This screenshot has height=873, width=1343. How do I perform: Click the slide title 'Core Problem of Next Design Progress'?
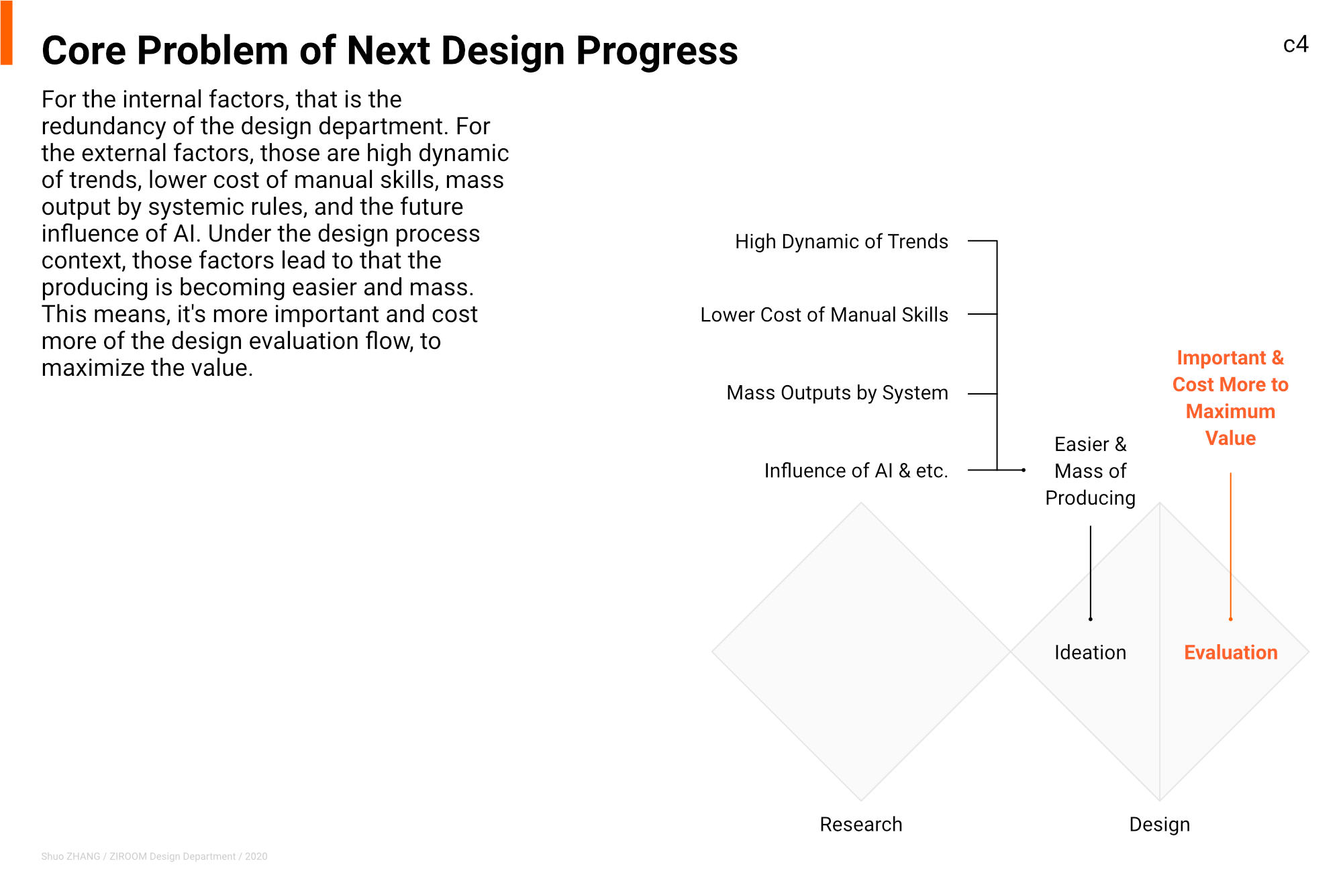coord(390,51)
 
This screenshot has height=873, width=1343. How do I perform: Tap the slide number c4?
coord(1295,44)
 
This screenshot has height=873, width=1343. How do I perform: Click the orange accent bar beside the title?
coord(6,33)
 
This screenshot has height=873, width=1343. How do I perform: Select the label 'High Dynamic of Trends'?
coord(842,242)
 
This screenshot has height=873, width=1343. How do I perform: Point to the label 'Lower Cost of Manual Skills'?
coord(824,315)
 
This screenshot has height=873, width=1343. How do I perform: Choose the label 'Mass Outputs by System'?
coord(838,393)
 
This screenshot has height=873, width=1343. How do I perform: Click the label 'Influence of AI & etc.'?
coord(856,470)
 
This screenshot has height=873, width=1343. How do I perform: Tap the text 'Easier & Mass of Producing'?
coord(1091,471)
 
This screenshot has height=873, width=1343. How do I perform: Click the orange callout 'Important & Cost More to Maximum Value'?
coord(1230,398)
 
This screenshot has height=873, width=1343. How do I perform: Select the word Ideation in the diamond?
coord(1090,652)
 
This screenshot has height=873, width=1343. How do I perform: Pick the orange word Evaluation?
coord(1230,652)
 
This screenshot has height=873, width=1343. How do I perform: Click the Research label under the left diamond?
coord(861,824)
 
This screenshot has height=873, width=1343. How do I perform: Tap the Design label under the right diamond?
coord(1159,824)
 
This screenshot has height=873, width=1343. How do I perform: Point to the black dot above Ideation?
coord(1091,619)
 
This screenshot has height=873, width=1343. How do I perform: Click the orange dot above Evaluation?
coord(1230,619)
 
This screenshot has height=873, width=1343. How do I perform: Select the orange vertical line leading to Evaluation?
coord(1230,546)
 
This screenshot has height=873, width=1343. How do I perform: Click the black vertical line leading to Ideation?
coord(1091,572)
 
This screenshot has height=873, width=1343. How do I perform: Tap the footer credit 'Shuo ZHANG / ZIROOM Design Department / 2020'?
coord(154,856)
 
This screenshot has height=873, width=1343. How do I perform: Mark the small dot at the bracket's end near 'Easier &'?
coord(1024,470)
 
